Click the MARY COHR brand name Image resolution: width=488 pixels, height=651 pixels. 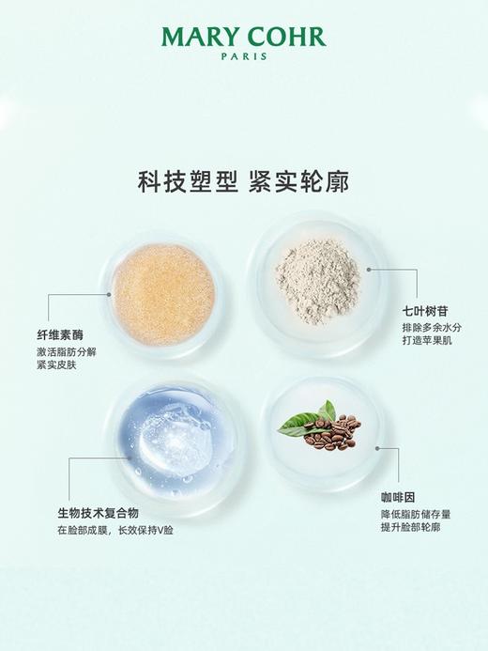243,38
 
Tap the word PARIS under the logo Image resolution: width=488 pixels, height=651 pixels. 243,56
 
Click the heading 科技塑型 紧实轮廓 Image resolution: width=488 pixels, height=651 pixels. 243,181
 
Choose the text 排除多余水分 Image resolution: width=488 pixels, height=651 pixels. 432,327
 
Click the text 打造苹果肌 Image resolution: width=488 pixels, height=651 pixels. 426,342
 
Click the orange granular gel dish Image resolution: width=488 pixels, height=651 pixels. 163,294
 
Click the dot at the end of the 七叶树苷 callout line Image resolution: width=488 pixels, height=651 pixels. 373,269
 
